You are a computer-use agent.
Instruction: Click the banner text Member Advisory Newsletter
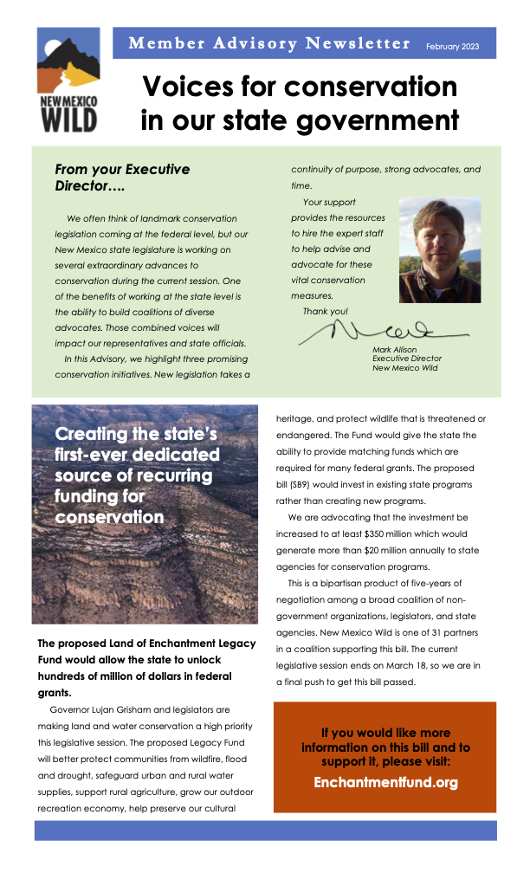click(269, 43)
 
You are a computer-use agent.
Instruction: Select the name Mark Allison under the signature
click(395, 350)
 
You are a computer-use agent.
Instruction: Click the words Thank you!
click(326, 311)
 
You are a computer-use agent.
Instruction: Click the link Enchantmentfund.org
click(385, 782)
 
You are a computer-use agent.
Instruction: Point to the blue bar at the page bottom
click(265, 830)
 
